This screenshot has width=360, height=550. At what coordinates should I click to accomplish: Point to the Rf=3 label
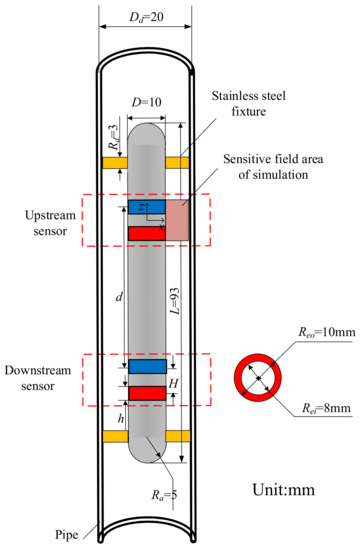click(113, 135)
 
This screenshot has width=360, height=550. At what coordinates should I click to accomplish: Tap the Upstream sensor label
click(46, 222)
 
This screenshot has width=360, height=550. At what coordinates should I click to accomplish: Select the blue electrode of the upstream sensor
click(146, 207)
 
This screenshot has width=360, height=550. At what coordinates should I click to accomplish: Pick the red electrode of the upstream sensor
click(146, 233)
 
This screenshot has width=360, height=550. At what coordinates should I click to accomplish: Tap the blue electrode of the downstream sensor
click(146, 367)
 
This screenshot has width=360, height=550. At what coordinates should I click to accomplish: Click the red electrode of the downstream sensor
click(146, 393)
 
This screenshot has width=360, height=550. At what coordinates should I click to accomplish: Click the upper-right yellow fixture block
click(178, 162)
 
